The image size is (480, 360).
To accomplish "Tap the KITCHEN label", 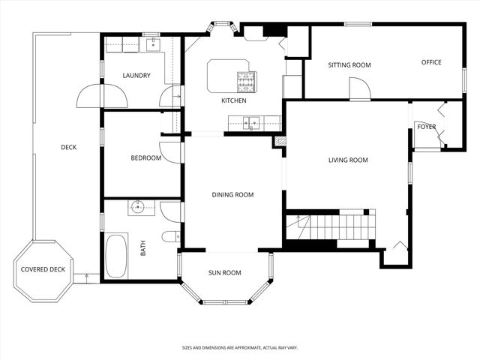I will pos(232,100).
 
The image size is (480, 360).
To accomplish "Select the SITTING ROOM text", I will pos(349,65).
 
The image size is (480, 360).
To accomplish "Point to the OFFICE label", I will pos(430,62).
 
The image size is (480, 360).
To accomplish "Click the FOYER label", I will pos(426,127).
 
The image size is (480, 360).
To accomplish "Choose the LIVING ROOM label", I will pos(348,160).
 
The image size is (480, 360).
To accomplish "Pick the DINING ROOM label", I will pos(232,195).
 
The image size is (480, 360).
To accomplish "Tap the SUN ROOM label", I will pos(224,273).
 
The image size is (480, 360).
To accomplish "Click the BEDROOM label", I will pos(145,158).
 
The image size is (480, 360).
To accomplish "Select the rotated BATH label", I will pos(143,247).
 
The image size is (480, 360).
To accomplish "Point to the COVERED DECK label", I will pos(41,270).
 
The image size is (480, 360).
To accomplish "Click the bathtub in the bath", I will pos(116,256).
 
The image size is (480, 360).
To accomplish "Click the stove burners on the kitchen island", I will pos(247,80).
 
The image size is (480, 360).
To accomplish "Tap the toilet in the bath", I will pos(170,237).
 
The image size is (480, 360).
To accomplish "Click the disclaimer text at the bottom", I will pos(239,348).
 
